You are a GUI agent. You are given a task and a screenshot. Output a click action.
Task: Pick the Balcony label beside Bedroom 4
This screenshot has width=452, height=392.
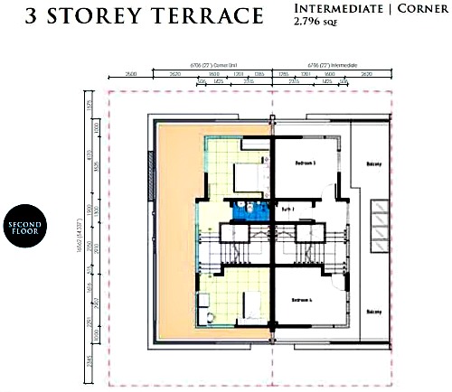(x=373, y=313)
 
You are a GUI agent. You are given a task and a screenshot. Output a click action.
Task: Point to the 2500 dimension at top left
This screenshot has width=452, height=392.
(x=130, y=73)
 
